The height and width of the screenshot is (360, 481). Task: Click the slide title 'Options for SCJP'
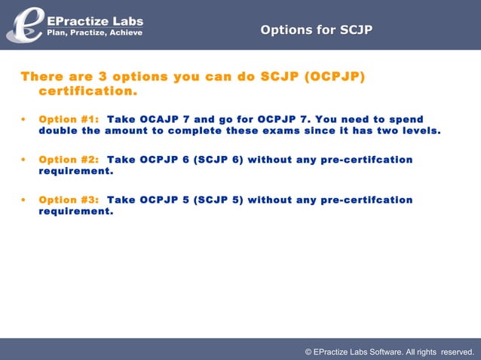click(x=316, y=30)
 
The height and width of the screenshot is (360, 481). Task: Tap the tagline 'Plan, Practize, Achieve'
click(x=95, y=32)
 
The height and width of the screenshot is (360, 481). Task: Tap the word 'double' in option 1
click(x=58, y=131)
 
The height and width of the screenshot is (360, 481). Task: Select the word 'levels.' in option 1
click(x=418, y=131)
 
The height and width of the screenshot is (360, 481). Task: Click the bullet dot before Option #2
click(x=24, y=160)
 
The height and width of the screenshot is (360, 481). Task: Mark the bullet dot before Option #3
click(x=24, y=200)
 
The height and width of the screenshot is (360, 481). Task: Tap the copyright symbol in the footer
click(x=308, y=352)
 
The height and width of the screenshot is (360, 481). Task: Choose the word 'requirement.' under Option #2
click(x=76, y=171)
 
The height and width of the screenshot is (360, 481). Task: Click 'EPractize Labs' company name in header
click(x=95, y=20)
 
